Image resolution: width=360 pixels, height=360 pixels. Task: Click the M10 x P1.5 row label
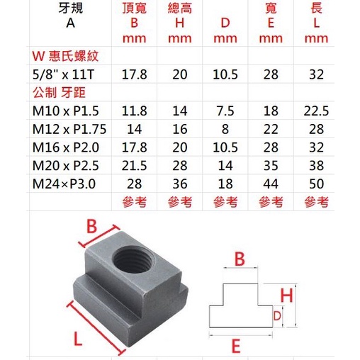pyautogui.click(x=65, y=111)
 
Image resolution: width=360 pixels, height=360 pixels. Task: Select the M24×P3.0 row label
pyautogui.click(x=64, y=184)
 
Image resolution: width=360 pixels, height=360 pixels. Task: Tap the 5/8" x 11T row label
pyautogui.click(x=63, y=74)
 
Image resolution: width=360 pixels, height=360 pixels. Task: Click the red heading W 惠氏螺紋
pyautogui.click(x=65, y=56)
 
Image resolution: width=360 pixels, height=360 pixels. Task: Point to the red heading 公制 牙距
pyautogui.click(x=59, y=93)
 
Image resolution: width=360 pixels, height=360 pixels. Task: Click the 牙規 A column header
pyautogui.click(x=71, y=16)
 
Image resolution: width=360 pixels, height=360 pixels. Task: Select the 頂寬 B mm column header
pyautogui.click(x=134, y=23)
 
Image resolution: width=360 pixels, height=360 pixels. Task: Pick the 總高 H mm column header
pyautogui.click(x=180, y=23)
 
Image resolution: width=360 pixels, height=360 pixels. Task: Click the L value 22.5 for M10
pyautogui.click(x=316, y=111)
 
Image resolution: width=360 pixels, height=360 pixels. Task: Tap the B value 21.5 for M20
pyautogui.click(x=134, y=166)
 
